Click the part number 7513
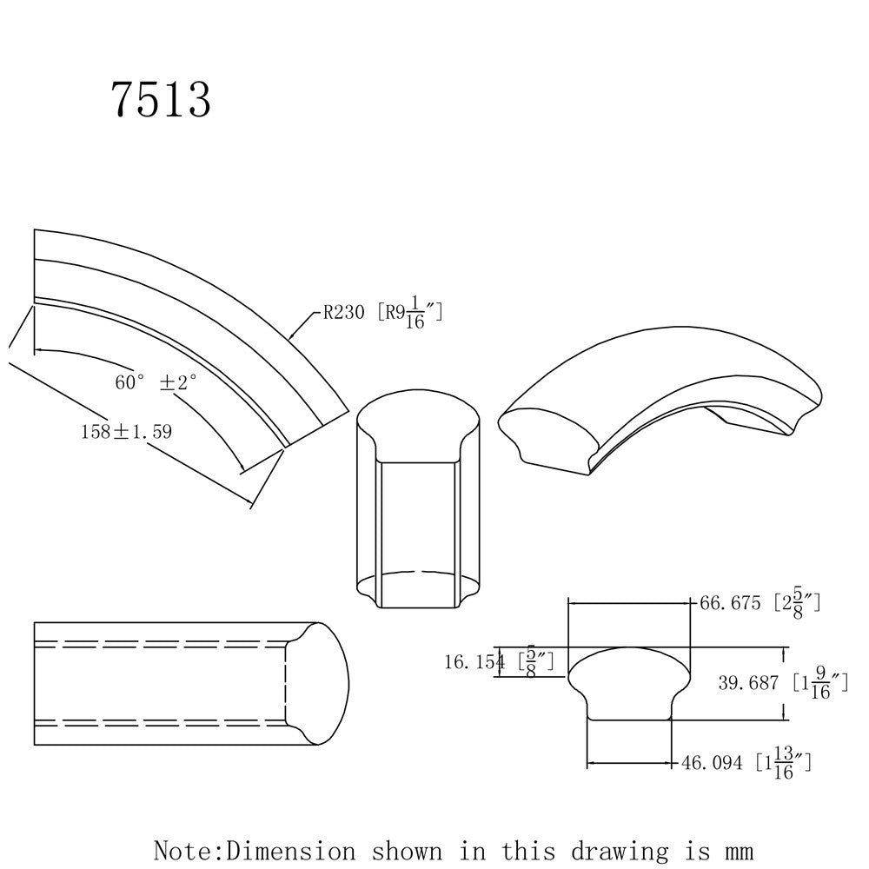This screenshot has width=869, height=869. tap(162, 99)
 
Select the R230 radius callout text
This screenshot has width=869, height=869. tap(343, 313)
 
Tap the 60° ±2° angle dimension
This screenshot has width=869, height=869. tap(156, 381)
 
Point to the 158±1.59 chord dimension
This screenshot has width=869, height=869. tap(126, 432)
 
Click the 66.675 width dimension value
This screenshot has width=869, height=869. tap(730, 603)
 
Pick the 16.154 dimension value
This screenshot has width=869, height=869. tap(475, 661)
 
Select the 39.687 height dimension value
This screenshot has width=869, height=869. tap(749, 683)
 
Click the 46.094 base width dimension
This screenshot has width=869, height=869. tap(712, 763)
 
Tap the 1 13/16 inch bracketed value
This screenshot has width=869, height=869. tap(784, 763)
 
